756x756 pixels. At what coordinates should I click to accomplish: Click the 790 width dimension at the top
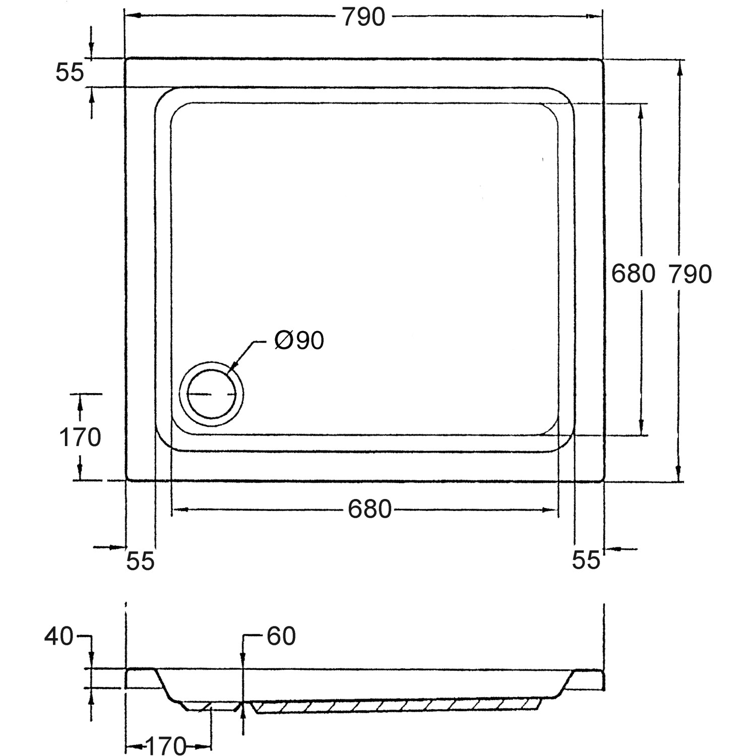pyautogui.click(x=363, y=17)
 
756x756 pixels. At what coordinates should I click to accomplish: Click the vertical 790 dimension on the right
pyautogui.click(x=690, y=274)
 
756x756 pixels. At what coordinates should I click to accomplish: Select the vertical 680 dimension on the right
pyautogui.click(x=633, y=274)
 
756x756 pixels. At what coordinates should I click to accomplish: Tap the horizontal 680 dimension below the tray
pyautogui.click(x=369, y=510)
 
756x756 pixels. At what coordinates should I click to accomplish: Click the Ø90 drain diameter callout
pyautogui.click(x=299, y=341)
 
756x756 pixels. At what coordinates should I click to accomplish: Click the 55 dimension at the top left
pyautogui.click(x=69, y=73)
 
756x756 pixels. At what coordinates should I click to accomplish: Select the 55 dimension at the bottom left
pyautogui.click(x=140, y=561)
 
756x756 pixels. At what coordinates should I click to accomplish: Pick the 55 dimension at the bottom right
pyautogui.click(x=586, y=560)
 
